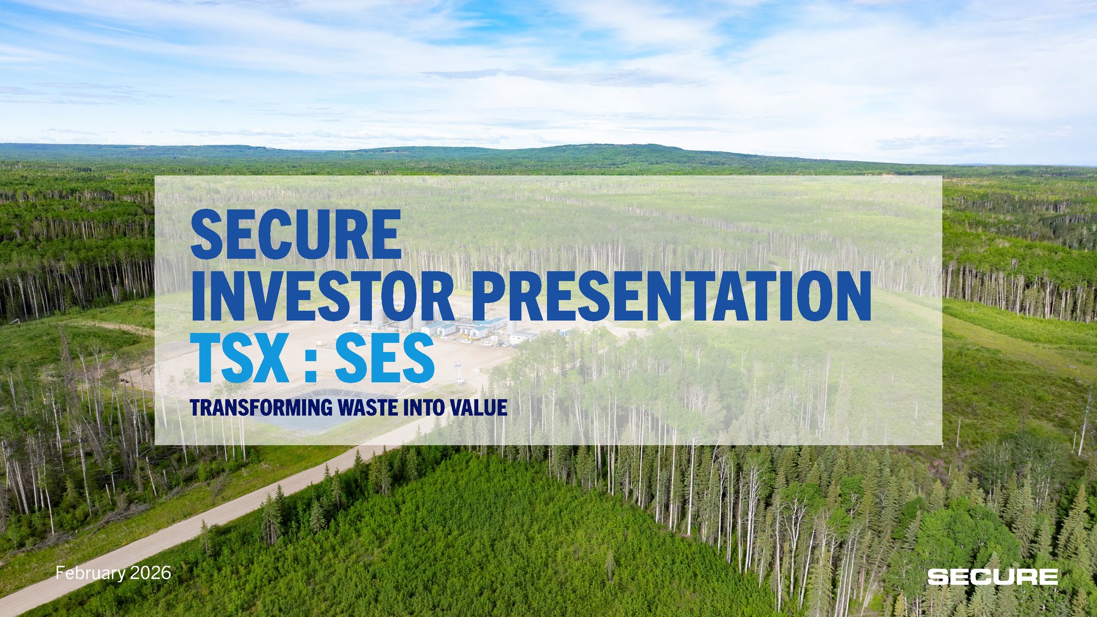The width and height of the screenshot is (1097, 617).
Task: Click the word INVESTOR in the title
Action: pyautogui.click(x=323, y=296)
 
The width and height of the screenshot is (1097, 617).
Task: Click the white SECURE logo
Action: pyautogui.click(x=993, y=577)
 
